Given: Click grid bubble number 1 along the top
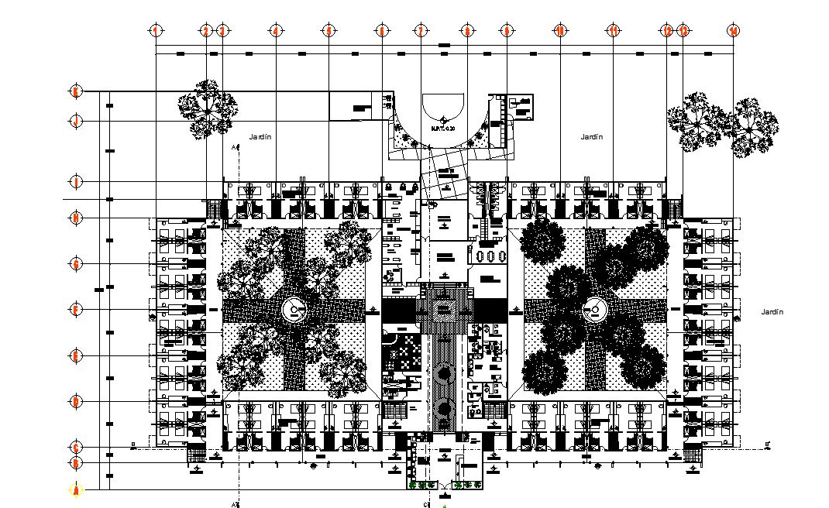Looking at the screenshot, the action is coord(156,31).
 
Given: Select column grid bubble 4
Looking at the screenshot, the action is coord(275,31).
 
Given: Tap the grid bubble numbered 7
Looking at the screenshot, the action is coord(421,31).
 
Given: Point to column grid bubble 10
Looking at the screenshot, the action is coord(559,31).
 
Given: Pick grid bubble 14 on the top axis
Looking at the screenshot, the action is coord(733,31).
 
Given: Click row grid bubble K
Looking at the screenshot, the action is coord(76,91).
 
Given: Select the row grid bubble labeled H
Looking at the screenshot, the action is coord(76,218).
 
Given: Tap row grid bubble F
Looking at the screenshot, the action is coord(76,310).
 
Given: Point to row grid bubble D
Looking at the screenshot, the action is coord(76,401).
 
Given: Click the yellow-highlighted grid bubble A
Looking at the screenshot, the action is coord(76,489).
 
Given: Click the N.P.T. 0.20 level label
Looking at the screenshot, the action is coord(442,129).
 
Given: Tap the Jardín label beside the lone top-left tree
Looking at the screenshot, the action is coord(260,136).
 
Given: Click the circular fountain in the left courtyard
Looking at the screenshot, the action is coord(294,310).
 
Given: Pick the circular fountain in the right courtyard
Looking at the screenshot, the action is coord(593,310).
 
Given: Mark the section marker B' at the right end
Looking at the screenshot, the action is coord(768,445).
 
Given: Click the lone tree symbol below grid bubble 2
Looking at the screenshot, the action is coord(207,108).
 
